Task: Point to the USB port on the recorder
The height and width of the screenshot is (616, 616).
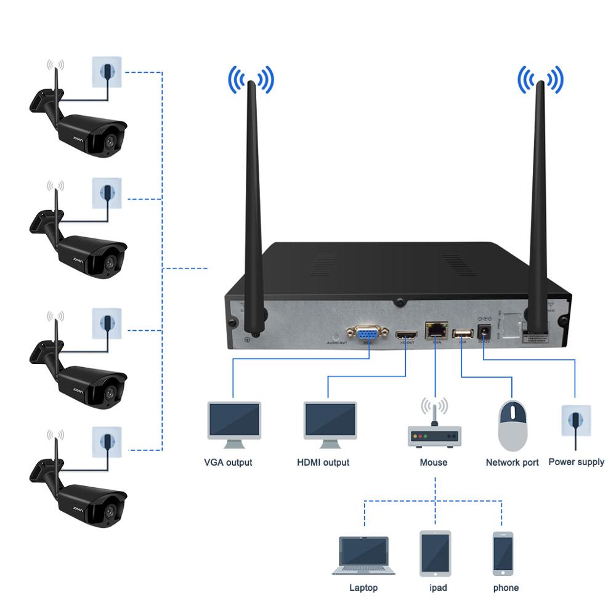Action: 462,333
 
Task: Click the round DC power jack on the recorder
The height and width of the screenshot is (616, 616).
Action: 484,332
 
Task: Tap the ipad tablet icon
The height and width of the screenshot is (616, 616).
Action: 435,553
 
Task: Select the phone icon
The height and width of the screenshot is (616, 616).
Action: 503,553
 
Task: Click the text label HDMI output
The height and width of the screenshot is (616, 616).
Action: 323,462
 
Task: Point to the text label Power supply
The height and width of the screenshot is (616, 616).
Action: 576,461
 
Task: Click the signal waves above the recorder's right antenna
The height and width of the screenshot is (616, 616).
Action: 540,80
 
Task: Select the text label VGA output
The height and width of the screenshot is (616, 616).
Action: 228,462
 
